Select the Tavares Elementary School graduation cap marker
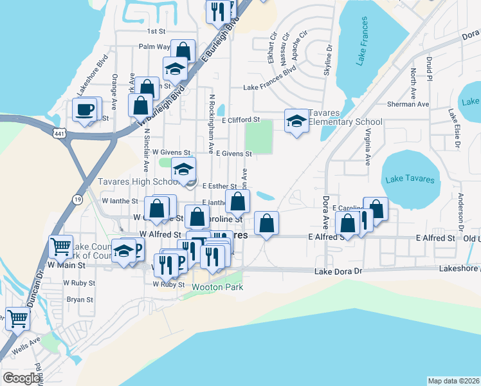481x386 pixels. pyautogui.click(x=296, y=121)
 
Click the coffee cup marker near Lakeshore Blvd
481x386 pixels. pyautogui.click(x=85, y=110)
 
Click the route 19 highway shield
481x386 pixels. pyautogui.click(x=78, y=200)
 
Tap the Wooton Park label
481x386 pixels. pyautogui.click(x=217, y=287)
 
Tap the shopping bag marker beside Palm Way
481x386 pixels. pyautogui.click(x=183, y=51)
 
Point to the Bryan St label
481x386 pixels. pyautogui.click(x=80, y=299)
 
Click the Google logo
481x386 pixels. pyautogui.click(x=21, y=378)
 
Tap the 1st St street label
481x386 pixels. pyautogui.click(x=156, y=31)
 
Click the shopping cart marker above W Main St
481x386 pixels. pyautogui.click(x=60, y=246)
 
